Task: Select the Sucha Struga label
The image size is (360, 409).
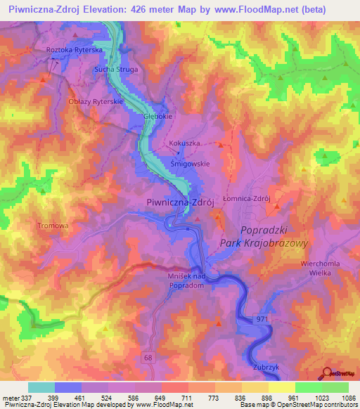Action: pyautogui.click(x=116, y=70)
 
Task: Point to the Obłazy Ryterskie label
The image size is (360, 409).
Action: pyautogui.click(x=96, y=101)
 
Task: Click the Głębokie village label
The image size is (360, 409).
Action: pyautogui.click(x=157, y=117)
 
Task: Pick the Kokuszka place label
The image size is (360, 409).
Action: pyautogui.click(x=184, y=143)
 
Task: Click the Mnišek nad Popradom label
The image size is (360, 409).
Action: pyautogui.click(x=189, y=281)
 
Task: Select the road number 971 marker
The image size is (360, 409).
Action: pyautogui.click(x=262, y=320)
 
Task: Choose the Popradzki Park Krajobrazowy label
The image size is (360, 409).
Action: pyautogui.click(x=264, y=236)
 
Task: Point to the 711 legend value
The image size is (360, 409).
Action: pyautogui.click(x=168, y=396)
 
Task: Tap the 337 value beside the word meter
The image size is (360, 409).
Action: pyautogui.click(x=26, y=396)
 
